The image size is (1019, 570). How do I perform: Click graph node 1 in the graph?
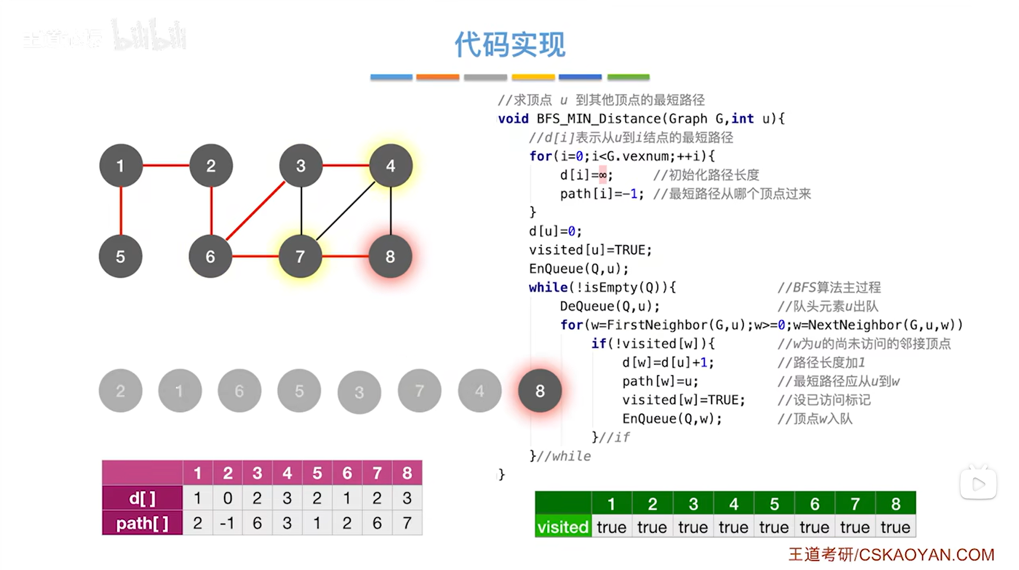[x=121, y=166]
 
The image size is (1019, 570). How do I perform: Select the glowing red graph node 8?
[x=391, y=256]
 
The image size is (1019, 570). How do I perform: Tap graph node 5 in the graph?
[x=121, y=256]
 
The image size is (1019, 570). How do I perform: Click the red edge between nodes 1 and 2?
[x=166, y=165]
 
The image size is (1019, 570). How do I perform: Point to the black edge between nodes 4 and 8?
[x=391, y=211]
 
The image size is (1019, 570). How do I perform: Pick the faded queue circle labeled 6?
[x=240, y=391]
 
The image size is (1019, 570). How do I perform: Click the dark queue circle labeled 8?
[x=540, y=391]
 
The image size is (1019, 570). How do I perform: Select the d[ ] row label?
[x=142, y=498]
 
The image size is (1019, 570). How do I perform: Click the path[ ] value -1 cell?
[x=227, y=523]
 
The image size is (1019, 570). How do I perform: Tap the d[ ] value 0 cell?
[x=227, y=498]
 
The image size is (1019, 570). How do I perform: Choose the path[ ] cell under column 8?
[x=407, y=523]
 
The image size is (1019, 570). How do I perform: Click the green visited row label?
[x=563, y=527]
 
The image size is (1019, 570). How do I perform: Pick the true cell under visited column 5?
[x=774, y=527]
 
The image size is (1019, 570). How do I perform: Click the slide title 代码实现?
[x=509, y=44]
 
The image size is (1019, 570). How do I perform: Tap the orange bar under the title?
[x=437, y=77]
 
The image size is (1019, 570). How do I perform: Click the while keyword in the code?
[x=548, y=287]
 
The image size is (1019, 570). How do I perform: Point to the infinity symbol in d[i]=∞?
[x=602, y=175]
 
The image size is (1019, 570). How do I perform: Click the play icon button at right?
[x=978, y=484]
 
